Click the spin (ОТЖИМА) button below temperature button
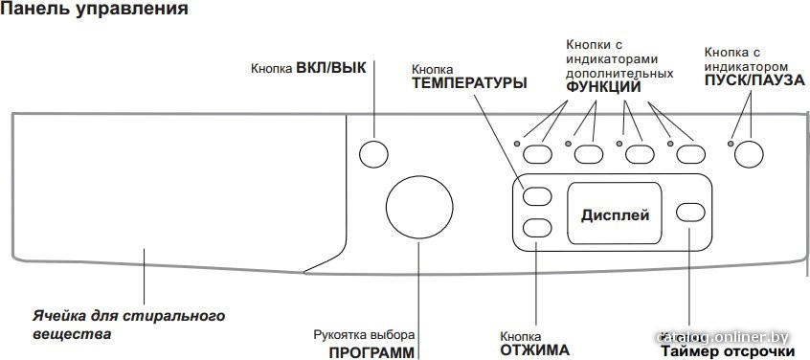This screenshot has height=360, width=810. coord(538,228)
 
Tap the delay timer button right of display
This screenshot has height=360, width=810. coord(690,212)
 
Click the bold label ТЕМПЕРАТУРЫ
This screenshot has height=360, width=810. coord(469,83)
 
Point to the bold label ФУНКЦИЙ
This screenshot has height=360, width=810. coord(603,87)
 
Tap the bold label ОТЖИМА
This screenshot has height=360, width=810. coord(535,349)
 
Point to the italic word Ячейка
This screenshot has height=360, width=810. coord(53,315)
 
